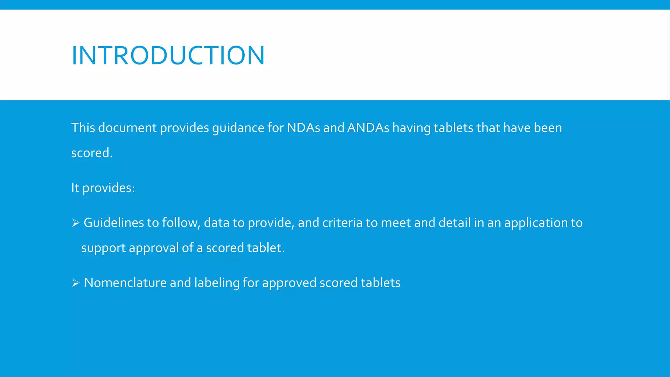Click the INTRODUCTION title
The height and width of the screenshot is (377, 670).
(168, 56)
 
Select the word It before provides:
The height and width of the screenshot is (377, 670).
(75, 188)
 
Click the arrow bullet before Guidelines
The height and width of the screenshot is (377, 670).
(76, 223)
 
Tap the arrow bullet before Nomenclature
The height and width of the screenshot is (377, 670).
(76, 283)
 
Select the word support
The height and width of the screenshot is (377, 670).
(103, 248)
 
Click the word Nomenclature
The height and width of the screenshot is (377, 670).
(125, 283)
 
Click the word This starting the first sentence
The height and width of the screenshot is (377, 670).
(83, 128)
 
